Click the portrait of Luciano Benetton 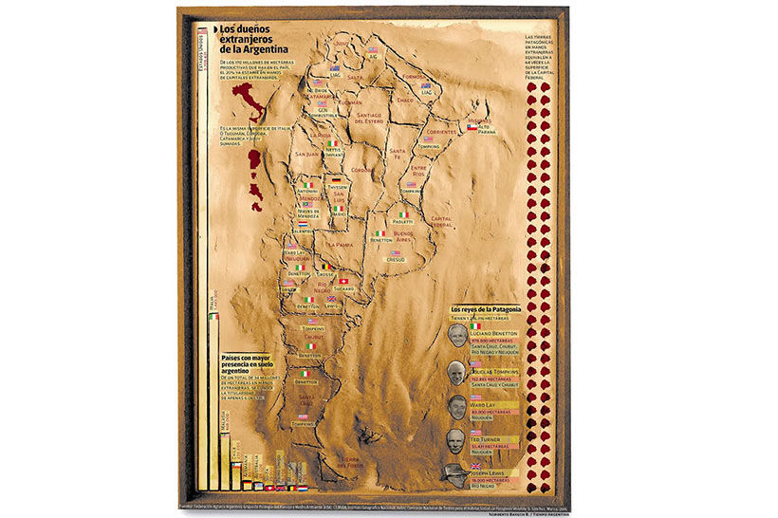click(x=457, y=335)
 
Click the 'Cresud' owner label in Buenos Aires click(x=396, y=258)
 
